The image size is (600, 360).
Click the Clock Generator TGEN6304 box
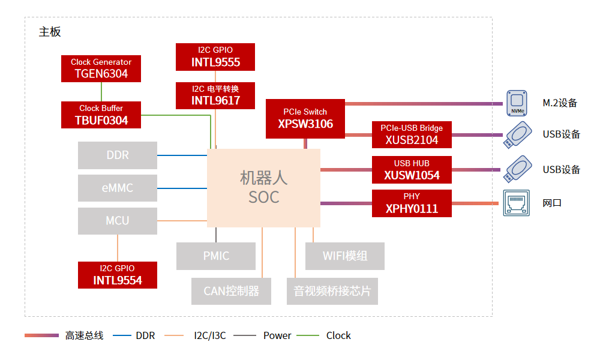click(x=101, y=68)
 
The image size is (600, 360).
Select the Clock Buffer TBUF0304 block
click(x=101, y=115)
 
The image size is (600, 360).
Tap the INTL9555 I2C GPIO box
click(x=215, y=56)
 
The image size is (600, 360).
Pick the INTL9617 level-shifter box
click(x=215, y=95)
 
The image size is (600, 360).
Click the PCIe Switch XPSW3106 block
click(x=305, y=118)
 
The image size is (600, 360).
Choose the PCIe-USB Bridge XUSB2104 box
click(x=412, y=135)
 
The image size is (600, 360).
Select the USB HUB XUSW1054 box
click(x=412, y=170)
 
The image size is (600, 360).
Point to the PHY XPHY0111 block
click(x=412, y=203)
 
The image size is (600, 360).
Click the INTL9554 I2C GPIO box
click(x=118, y=275)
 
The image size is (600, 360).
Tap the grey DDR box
click(x=118, y=155)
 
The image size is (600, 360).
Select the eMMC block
click(x=118, y=188)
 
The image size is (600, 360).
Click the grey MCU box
click(x=118, y=221)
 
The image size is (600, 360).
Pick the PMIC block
click(x=216, y=256)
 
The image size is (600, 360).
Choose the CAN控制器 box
click(x=232, y=292)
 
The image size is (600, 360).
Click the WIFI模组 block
click(x=345, y=256)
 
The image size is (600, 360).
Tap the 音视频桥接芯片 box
click(x=332, y=292)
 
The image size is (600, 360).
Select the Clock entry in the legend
click(x=338, y=336)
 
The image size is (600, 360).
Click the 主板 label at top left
click(x=50, y=32)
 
